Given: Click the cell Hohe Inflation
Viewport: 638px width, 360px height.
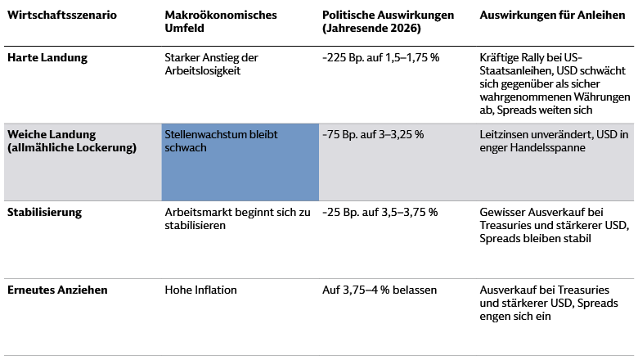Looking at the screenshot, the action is click(x=200, y=289).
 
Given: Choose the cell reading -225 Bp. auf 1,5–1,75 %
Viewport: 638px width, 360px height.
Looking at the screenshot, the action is click(x=380, y=58).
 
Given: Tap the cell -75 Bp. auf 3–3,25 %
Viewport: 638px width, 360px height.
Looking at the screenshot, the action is click(x=373, y=134).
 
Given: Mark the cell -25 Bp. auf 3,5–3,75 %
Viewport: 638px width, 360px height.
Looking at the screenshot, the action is click(x=380, y=212).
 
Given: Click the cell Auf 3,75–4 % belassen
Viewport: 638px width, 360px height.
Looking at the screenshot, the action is click(x=380, y=289).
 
